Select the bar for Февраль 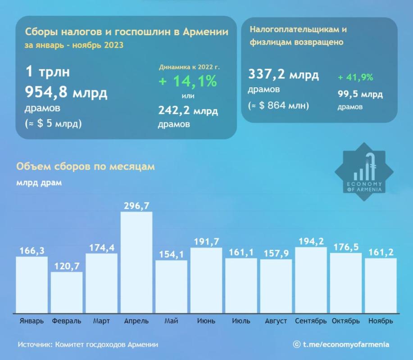67,292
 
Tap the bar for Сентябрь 311,279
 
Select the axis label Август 276,321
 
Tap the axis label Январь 32,321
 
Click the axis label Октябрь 345,321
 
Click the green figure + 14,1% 187,82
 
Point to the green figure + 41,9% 355,77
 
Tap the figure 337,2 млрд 283,75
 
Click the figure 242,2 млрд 188,111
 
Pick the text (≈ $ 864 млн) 278,106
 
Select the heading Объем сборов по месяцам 86,166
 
